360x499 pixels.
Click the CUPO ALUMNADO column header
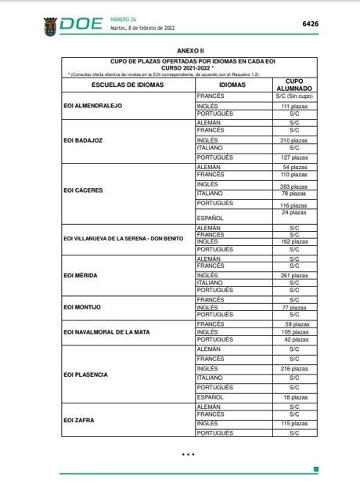(x=294, y=85)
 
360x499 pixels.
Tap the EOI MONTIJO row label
(x=81, y=306)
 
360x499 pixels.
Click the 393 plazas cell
(x=294, y=186)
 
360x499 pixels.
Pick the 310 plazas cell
(x=294, y=139)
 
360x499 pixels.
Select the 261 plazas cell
(x=294, y=276)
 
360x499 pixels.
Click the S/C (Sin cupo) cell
(x=294, y=96)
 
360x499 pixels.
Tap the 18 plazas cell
(x=294, y=397)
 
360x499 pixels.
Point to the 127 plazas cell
(x=294, y=157)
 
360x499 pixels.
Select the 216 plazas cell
(x=294, y=368)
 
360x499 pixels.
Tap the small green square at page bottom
(x=315, y=468)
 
